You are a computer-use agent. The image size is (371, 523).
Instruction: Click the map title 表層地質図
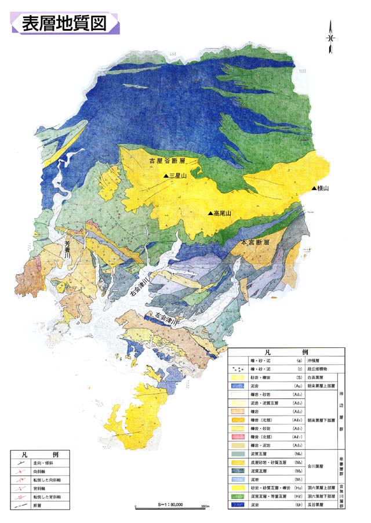(x=64, y=23)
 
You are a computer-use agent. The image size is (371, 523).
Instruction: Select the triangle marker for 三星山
(x=165, y=176)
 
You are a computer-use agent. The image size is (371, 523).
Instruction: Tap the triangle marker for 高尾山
(x=210, y=213)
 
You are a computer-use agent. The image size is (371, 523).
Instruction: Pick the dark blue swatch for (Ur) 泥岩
(x=238, y=505)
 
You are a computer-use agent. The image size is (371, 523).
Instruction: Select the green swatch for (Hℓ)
(x=238, y=497)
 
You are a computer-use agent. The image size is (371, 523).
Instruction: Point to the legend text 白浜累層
(x=318, y=376)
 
